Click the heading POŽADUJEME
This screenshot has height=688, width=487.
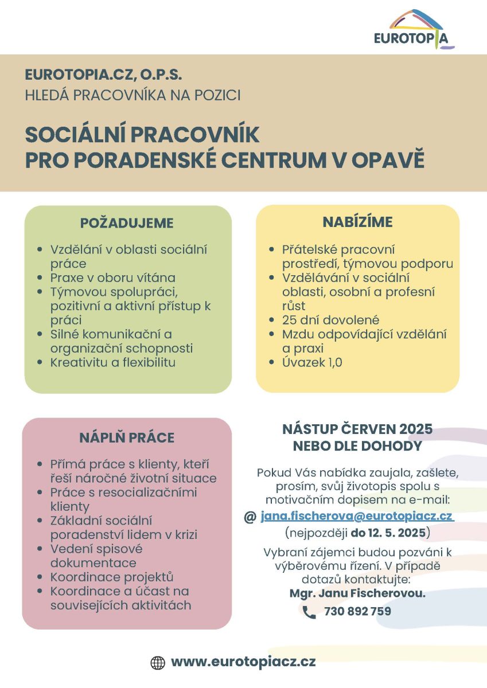point(127,222)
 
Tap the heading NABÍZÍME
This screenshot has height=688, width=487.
point(357,222)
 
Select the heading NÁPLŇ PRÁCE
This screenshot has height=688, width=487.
point(127,438)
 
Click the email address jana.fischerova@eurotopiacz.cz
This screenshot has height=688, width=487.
point(357,516)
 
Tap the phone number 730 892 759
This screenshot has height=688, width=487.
point(357,612)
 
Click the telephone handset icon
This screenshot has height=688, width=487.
point(309,612)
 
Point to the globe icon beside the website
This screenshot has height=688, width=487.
point(157,663)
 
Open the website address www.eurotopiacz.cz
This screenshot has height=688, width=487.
point(243,662)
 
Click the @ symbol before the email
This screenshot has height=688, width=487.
point(250,517)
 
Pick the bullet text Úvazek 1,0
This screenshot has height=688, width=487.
point(312,362)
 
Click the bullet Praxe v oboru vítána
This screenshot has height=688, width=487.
point(113,278)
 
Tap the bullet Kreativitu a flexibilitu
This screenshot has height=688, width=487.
point(113,362)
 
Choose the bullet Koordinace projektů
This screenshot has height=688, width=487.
point(112,577)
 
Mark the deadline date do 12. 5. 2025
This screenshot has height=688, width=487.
point(388,533)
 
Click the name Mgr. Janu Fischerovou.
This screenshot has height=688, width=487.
point(357,593)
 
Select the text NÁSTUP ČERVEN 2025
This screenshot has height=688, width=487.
point(357,429)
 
